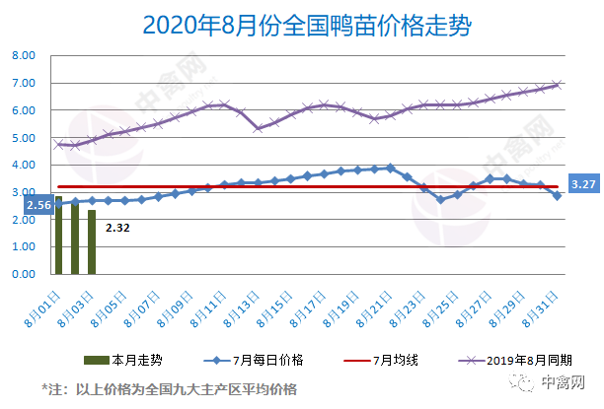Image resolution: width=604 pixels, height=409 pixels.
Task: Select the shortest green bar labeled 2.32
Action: tap(92, 242)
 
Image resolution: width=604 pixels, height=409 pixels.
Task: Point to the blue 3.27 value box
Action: tap(580, 182)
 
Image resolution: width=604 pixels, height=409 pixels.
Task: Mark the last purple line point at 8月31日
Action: tap(558, 85)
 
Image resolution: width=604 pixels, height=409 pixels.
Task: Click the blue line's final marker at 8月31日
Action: tap(558, 196)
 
